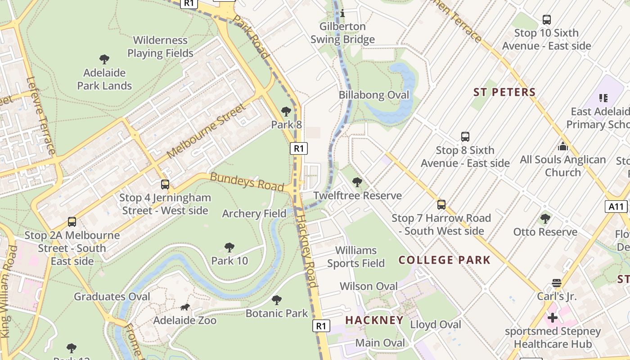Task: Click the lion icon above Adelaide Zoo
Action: [x=185, y=307]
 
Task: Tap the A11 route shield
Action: [x=616, y=207]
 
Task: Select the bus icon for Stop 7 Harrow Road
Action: [x=441, y=205]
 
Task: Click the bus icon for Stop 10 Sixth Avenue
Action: [x=547, y=20]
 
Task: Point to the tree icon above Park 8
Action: [x=286, y=111]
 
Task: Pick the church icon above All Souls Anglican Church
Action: [x=562, y=146]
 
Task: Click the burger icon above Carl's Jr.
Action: [x=557, y=283]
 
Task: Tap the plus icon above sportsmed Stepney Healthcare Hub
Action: [x=552, y=318]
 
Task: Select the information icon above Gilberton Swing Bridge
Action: [x=342, y=13]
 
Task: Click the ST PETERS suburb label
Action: [x=504, y=92]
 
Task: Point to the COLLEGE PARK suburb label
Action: [x=445, y=260]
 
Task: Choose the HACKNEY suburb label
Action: [x=374, y=320]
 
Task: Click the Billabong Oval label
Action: [x=374, y=95]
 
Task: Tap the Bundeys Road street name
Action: [x=247, y=181]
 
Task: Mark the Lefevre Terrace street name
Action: [x=41, y=116]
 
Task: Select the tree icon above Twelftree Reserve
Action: [x=357, y=182]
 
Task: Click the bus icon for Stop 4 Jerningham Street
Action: [x=165, y=184]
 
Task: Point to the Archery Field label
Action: [x=254, y=213]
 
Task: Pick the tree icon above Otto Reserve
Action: [x=545, y=219]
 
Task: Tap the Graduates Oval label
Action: [x=112, y=297]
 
